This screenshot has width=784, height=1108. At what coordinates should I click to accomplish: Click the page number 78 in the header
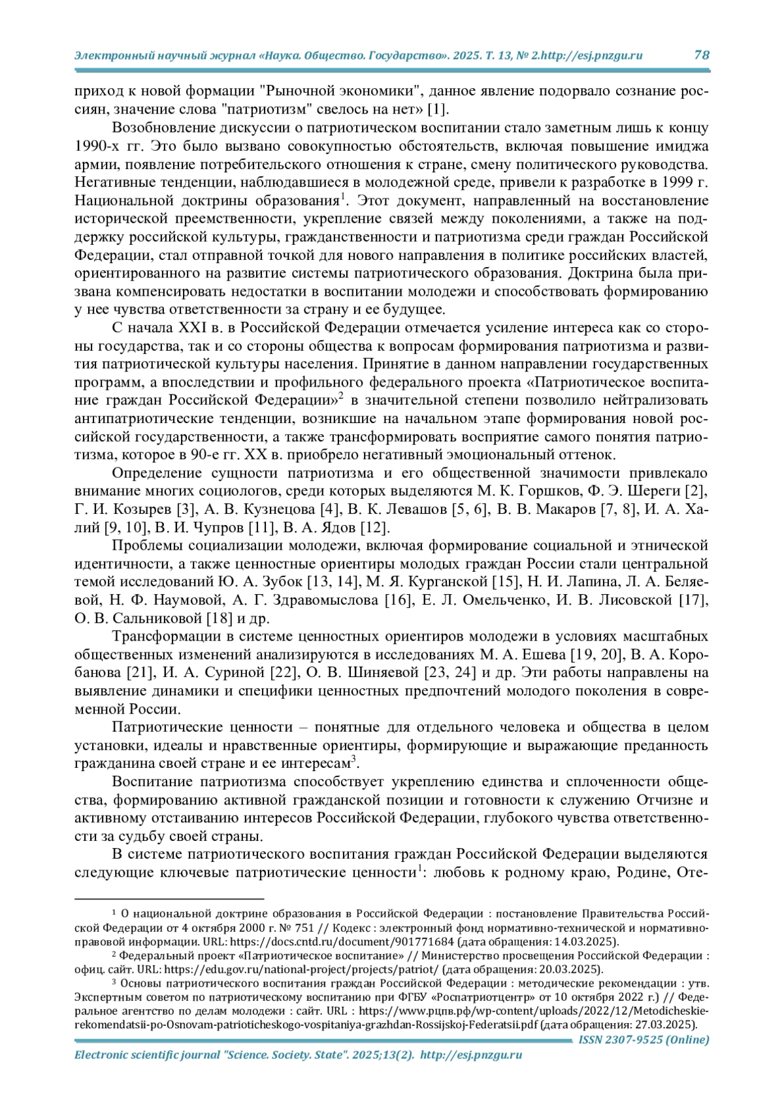click(701, 55)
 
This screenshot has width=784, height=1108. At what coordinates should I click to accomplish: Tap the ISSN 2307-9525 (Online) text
click(644, 1039)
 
